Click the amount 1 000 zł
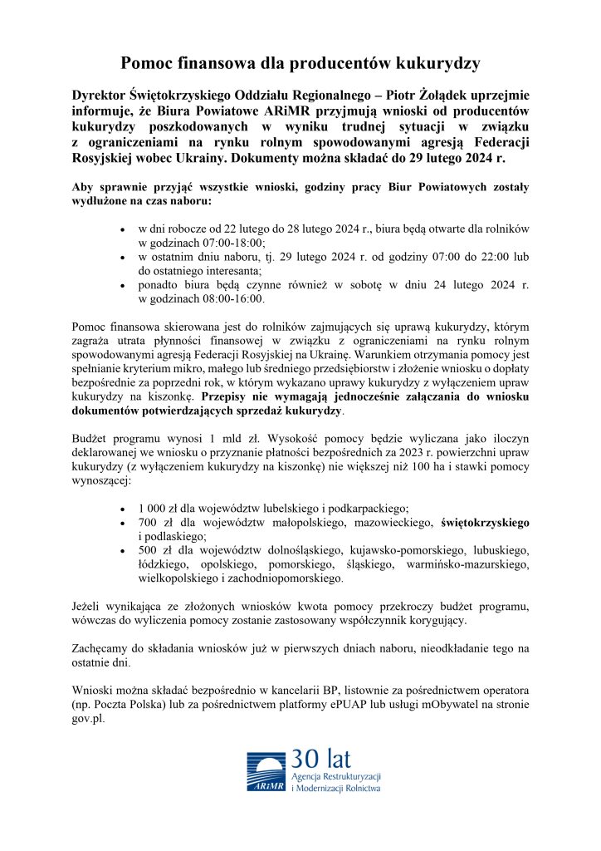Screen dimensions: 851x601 click(160, 508)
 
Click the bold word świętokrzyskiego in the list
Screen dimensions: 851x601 click(486, 522)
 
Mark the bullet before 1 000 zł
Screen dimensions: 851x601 click(123, 508)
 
